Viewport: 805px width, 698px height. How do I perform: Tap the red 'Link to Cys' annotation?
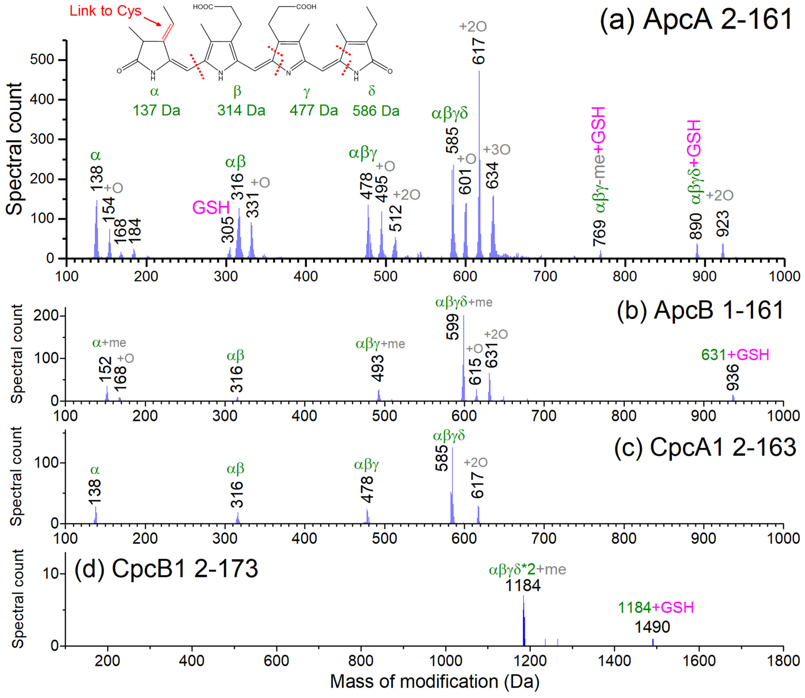(x=105, y=11)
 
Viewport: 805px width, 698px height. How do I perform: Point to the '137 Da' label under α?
(x=156, y=111)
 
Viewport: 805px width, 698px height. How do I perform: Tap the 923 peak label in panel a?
(x=723, y=224)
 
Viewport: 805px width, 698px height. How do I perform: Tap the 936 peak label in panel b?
(x=733, y=377)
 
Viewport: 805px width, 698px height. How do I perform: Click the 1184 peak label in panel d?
(x=523, y=585)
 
